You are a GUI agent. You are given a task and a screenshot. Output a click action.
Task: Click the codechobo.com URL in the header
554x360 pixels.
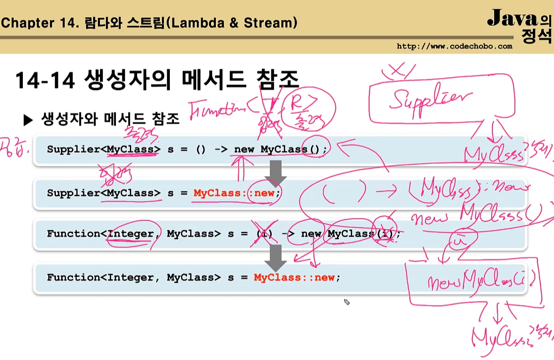[x=454, y=46]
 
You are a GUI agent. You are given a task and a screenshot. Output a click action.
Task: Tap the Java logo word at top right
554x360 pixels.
[x=512, y=18]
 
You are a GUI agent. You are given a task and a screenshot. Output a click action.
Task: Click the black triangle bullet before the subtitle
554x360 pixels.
[x=28, y=120]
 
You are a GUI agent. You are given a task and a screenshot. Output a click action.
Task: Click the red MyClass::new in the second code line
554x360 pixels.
[x=237, y=193]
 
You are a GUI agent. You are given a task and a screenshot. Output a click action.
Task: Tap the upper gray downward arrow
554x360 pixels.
[x=275, y=172]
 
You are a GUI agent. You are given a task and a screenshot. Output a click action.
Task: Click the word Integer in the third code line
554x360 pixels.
[x=131, y=234]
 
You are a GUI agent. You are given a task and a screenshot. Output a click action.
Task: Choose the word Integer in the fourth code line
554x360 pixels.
[x=131, y=277]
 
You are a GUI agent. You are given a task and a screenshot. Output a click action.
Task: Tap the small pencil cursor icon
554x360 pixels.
[x=347, y=302]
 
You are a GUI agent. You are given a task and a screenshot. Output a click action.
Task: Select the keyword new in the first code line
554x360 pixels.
[x=244, y=149]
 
